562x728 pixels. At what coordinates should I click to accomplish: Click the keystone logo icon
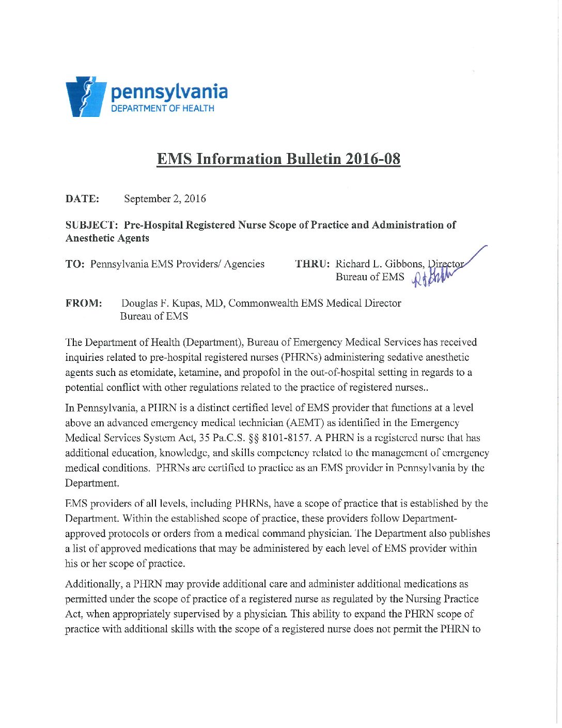click(85, 97)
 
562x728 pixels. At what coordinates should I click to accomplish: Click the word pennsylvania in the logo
click(169, 92)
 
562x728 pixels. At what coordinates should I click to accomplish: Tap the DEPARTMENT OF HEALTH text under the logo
click(163, 109)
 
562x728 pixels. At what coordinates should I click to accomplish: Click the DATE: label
click(82, 199)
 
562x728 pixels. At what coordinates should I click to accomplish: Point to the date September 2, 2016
click(165, 199)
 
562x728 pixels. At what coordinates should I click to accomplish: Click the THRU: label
click(312, 264)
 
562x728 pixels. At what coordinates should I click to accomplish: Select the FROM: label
click(83, 304)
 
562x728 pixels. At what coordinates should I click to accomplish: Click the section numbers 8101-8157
click(286, 438)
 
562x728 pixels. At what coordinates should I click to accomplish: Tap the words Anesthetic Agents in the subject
click(107, 238)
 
